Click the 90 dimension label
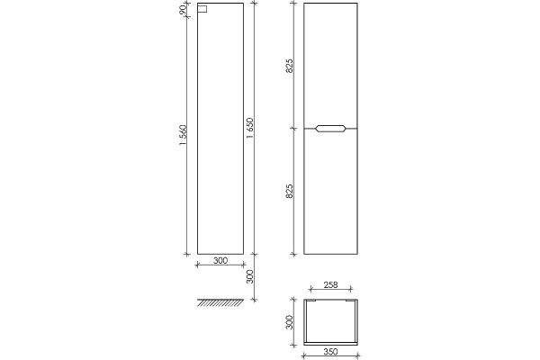coord(183,9)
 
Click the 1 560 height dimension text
coord(183,135)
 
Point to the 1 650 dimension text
coord(250,128)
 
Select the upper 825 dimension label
coord(290,66)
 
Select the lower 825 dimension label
coord(290,191)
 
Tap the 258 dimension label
coord(331,285)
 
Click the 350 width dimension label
coord(330,352)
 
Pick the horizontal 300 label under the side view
coord(220,261)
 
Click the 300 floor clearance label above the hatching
coord(250,276)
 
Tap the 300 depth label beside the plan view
coord(290,322)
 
